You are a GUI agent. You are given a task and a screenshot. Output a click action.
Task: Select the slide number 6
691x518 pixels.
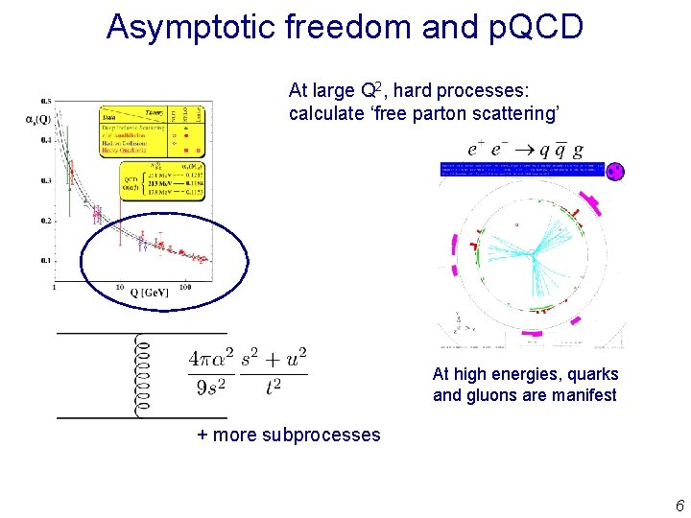[x=679, y=506]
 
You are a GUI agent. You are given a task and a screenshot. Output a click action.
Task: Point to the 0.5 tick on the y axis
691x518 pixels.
[x=45, y=101]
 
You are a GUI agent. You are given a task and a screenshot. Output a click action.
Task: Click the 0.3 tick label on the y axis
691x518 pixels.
[x=45, y=180]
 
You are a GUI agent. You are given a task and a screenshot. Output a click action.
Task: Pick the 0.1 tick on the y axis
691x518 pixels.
[x=45, y=260]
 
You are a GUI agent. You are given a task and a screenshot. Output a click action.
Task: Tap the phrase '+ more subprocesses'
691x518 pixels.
[x=289, y=435]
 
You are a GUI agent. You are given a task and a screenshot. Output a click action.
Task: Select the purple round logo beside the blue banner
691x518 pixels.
[x=614, y=172]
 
